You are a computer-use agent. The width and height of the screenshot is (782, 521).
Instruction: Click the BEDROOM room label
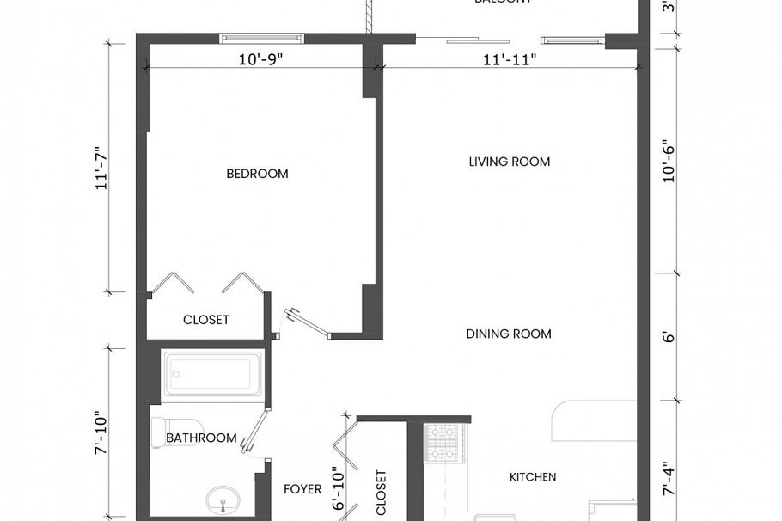click(x=257, y=174)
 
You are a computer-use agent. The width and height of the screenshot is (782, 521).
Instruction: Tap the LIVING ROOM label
click(x=509, y=162)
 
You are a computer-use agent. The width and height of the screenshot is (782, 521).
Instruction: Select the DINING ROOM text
click(x=509, y=334)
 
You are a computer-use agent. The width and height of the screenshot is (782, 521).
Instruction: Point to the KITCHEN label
click(x=533, y=477)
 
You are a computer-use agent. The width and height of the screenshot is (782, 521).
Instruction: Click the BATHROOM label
click(x=201, y=438)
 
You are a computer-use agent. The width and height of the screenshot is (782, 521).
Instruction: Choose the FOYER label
click(x=302, y=489)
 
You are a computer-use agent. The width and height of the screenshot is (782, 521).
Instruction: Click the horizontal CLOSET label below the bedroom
click(x=206, y=320)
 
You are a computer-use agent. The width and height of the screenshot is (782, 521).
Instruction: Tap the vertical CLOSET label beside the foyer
click(x=382, y=493)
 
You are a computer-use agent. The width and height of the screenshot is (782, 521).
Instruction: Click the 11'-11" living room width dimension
click(x=510, y=59)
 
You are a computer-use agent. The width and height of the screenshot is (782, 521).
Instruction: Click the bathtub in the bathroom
click(x=211, y=375)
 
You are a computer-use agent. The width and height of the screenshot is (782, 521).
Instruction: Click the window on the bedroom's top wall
click(x=261, y=38)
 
